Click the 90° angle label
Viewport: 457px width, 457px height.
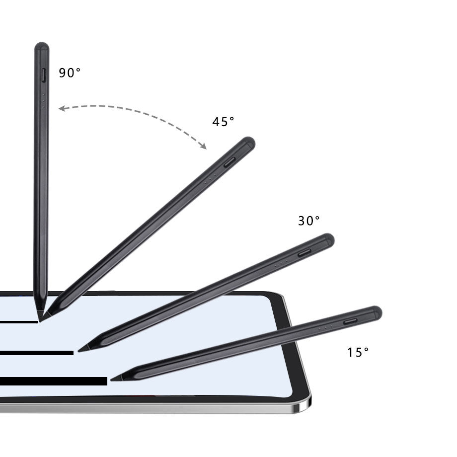point(70,73)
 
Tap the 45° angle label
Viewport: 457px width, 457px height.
point(223,122)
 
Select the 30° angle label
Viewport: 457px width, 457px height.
point(308,221)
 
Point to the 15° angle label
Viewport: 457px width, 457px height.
point(358,352)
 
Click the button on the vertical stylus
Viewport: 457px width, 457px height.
point(44,75)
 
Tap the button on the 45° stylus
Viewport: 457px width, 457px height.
point(229,162)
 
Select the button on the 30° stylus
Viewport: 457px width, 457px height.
point(305,253)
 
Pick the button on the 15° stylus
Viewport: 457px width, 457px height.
point(350,321)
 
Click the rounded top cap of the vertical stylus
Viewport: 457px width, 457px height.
point(42,46)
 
